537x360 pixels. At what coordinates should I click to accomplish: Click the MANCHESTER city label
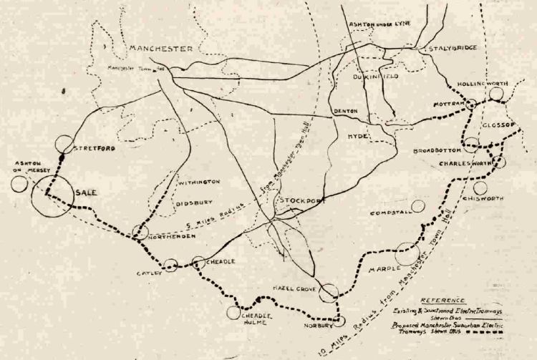pyautogui.click(x=161, y=49)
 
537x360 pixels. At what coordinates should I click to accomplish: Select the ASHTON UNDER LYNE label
pyautogui.click(x=377, y=25)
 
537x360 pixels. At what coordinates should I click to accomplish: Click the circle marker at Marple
pyautogui.click(x=407, y=254)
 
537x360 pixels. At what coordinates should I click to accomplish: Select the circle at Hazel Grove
pyautogui.click(x=329, y=292)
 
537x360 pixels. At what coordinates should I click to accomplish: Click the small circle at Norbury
pyautogui.click(x=340, y=321)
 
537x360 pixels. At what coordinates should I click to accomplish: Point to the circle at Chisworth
pyautogui.click(x=480, y=188)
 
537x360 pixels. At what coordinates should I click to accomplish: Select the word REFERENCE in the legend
pyautogui.click(x=443, y=300)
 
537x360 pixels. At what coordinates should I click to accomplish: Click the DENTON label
pyautogui.click(x=347, y=112)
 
